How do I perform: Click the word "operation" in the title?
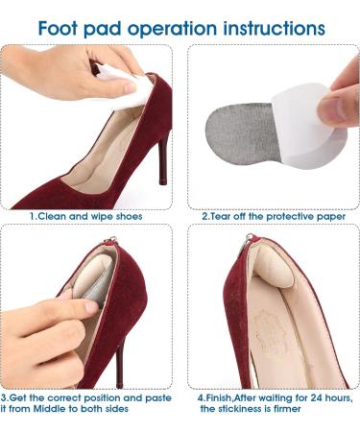173,29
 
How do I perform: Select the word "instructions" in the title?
275,28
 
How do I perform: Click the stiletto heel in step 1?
162,159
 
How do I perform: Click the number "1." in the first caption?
34,216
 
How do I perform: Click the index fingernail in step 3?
92,307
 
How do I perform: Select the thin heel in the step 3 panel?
120,365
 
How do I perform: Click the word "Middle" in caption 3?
50,409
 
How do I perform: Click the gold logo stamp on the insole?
270,329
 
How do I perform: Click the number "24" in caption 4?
316,398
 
